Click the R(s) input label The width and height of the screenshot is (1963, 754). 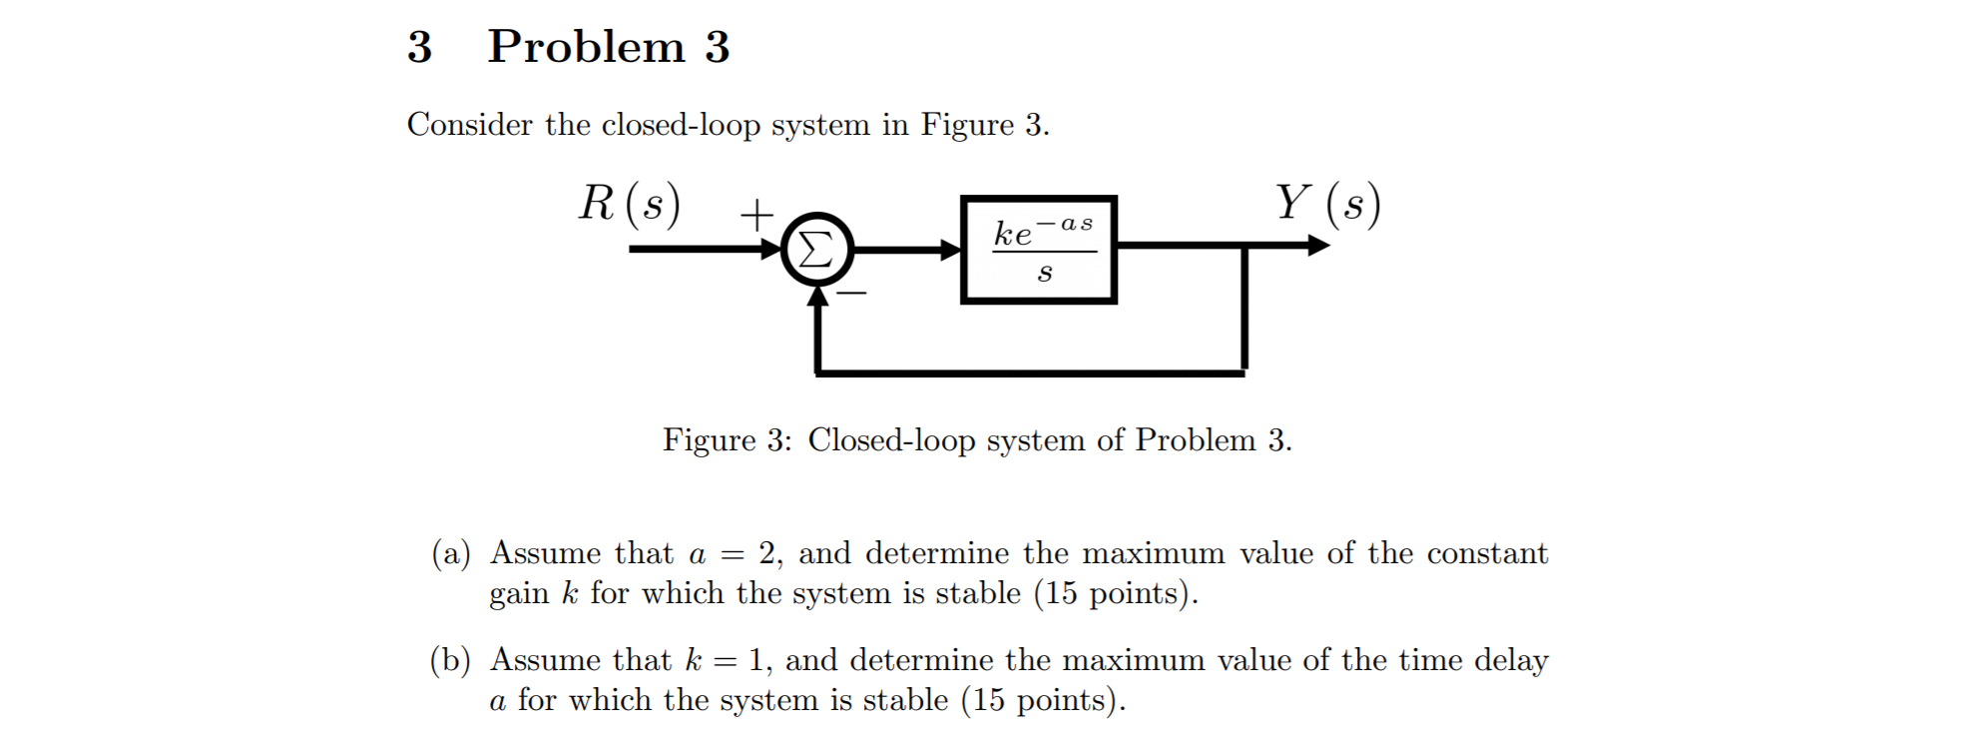click(x=630, y=205)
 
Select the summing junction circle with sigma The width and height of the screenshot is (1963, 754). click(x=816, y=249)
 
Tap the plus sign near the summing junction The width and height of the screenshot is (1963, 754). click(x=756, y=214)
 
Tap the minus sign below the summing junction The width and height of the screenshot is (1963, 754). click(x=851, y=293)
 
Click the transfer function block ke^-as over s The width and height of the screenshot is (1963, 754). click(x=1038, y=250)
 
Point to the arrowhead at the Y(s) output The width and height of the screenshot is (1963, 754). click(x=1319, y=245)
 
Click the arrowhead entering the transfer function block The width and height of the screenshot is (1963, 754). click(x=951, y=250)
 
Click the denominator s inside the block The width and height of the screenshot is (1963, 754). click(x=1044, y=274)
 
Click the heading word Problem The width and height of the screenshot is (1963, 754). click(x=586, y=47)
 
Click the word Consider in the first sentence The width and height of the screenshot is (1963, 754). click(x=469, y=125)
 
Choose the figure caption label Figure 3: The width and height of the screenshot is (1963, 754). click(x=727, y=440)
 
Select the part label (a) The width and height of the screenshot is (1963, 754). click(x=450, y=553)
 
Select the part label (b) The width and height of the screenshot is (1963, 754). click(x=450, y=660)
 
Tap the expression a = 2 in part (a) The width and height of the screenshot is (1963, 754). click(x=733, y=553)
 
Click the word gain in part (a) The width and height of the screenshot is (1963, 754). click(x=518, y=594)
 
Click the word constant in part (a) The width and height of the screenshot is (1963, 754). click(x=1487, y=553)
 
